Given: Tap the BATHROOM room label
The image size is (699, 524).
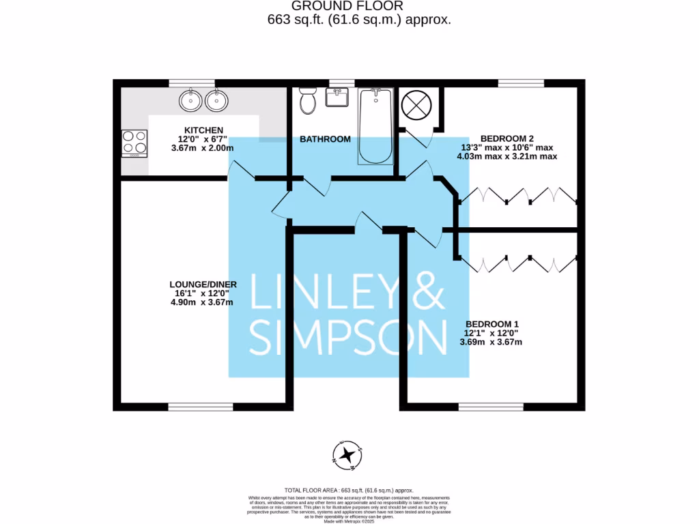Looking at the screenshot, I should (326, 139).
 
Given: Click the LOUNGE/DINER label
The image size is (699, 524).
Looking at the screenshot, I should (203, 284).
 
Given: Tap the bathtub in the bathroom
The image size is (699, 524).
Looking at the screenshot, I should (375, 126).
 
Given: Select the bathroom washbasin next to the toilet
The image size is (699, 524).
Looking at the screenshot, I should (337, 98).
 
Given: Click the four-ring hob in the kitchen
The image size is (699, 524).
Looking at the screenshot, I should (133, 143).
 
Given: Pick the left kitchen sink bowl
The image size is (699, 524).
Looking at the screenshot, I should (190, 101).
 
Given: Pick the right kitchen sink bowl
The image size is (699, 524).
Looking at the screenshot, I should (216, 101).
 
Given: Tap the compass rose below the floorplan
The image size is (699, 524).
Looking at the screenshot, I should (348, 455).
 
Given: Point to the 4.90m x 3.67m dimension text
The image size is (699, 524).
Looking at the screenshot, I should (203, 302).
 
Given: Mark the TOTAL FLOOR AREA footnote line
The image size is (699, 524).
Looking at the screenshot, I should (349, 490).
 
